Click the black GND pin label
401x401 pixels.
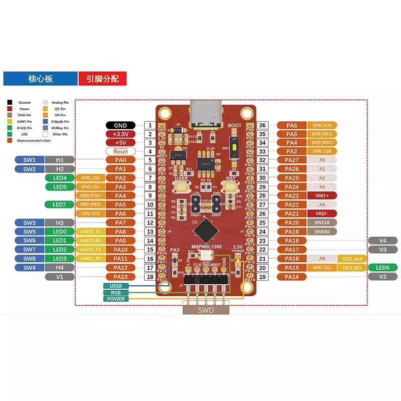[120, 125]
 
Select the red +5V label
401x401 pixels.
[120, 142]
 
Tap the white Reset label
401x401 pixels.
[120, 151]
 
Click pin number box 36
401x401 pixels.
[262, 125]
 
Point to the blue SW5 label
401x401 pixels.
[29, 232]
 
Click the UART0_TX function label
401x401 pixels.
[91, 232]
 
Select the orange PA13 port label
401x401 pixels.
[120, 277]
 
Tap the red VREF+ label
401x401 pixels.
[322, 195]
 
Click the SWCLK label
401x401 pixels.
[322, 223]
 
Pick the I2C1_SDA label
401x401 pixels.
[353, 259]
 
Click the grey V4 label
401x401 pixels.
[383, 241]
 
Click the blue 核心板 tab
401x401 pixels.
[40, 79]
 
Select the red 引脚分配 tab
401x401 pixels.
[102, 79]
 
